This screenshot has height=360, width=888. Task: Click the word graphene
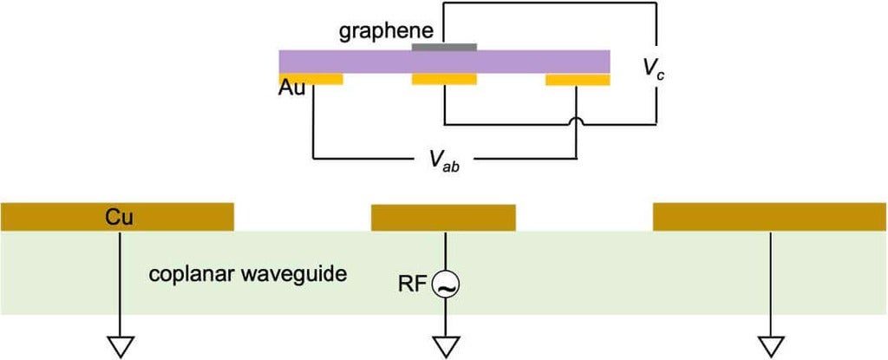click(x=378, y=31)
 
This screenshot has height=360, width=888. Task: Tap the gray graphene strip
click(x=444, y=46)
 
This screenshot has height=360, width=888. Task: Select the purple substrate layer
click(x=520, y=62)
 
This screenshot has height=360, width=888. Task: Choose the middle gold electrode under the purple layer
click(x=444, y=80)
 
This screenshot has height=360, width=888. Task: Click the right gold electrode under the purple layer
click(x=577, y=80)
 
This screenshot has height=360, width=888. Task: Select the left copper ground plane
click(x=173, y=217)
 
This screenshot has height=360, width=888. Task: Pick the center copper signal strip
click(x=443, y=217)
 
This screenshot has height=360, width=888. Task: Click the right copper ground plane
click(x=769, y=217)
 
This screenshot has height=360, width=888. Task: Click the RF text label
click(x=413, y=284)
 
